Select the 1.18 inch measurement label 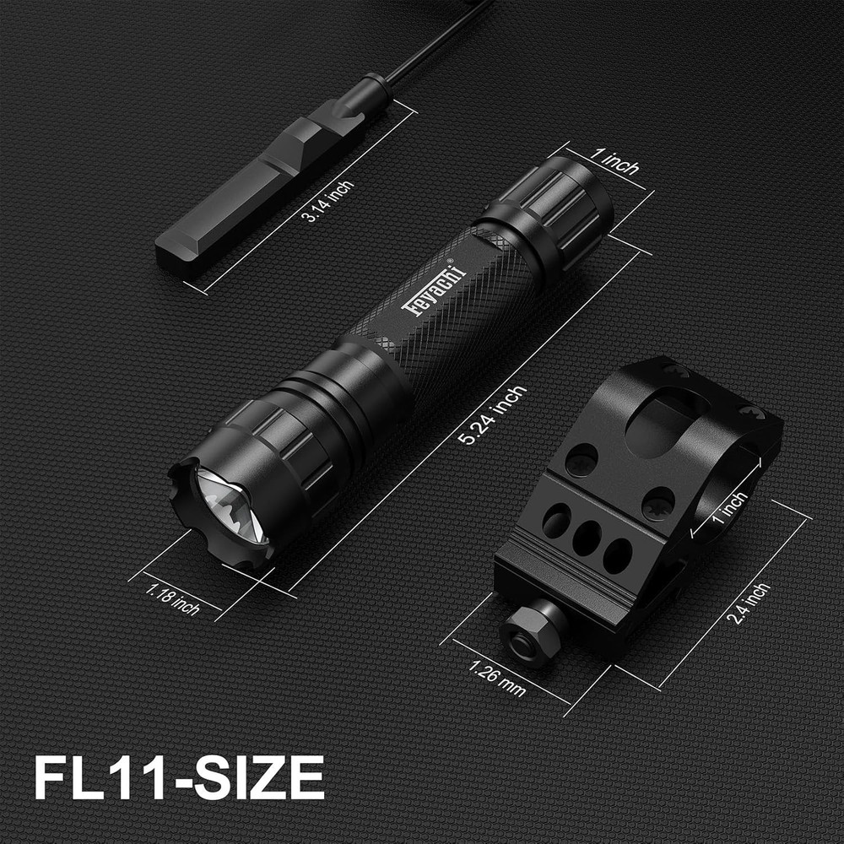coord(172,598)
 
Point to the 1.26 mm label coord(497,678)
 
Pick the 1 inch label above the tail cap coord(614,161)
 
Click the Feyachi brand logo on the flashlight coord(439,287)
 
